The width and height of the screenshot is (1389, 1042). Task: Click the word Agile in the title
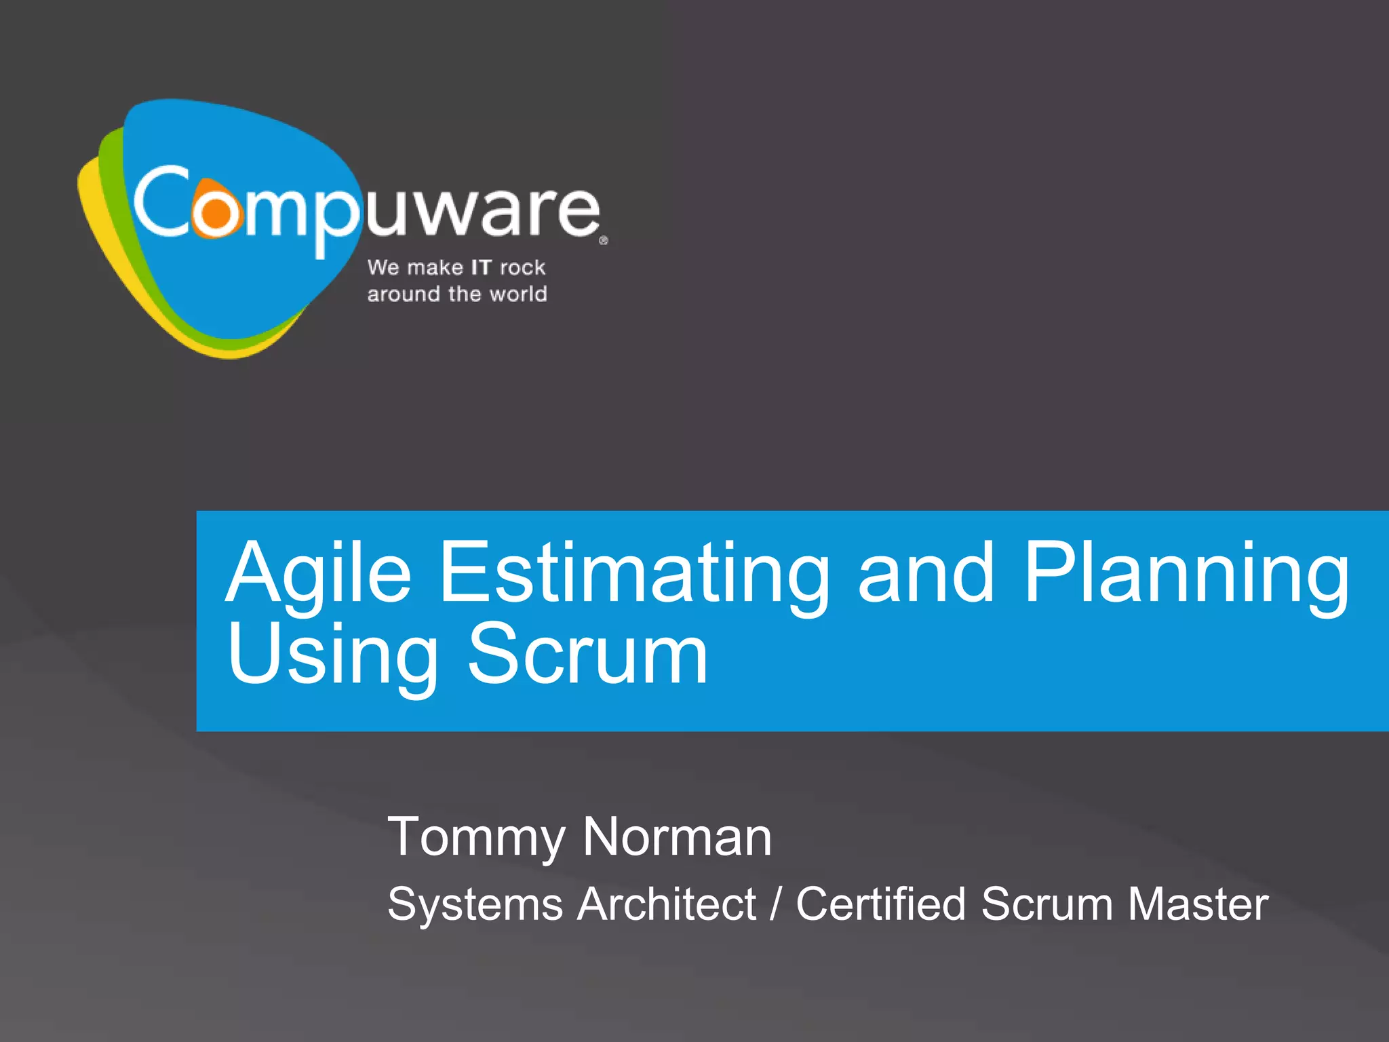[319, 573]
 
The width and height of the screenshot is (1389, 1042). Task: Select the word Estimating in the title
[634, 573]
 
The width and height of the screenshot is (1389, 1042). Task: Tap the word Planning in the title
[1187, 573]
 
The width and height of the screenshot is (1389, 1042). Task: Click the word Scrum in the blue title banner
[587, 655]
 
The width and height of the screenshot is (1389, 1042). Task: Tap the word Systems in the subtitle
[475, 904]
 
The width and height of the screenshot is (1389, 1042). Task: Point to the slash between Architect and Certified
[776, 904]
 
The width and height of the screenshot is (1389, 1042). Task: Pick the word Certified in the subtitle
[880, 904]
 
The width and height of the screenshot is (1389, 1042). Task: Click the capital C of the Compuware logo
[161, 201]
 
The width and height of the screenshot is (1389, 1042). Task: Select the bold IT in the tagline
[481, 267]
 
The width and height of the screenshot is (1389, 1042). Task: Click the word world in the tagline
[518, 294]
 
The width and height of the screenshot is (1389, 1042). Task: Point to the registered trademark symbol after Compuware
[604, 240]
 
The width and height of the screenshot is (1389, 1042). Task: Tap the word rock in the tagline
[522, 267]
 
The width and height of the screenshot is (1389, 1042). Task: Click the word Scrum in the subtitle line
[1046, 904]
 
